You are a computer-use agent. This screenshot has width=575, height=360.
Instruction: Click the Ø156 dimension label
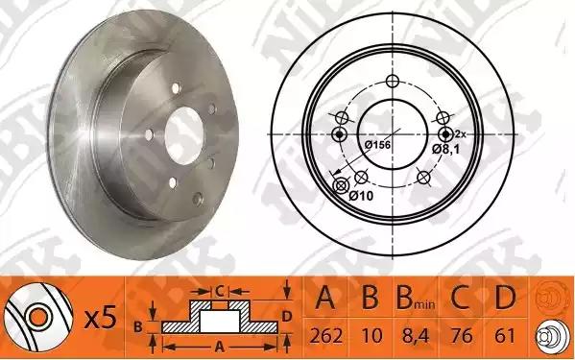click(x=377, y=145)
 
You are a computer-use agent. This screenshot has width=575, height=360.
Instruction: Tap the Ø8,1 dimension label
click(x=446, y=149)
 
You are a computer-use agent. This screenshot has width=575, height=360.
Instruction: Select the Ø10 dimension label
click(x=361, y=196)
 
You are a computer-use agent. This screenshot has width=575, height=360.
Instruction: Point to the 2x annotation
click(x=460, y=134)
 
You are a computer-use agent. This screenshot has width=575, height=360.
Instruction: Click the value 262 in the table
click(x=326, y=336)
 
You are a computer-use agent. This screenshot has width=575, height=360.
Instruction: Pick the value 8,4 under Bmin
click(x=416, y=336)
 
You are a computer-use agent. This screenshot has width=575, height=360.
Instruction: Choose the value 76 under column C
click(x=462, y=336)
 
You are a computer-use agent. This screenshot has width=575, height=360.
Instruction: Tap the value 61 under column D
click(x=505, y=336)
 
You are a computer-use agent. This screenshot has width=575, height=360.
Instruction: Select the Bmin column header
click(x=416, y=298)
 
